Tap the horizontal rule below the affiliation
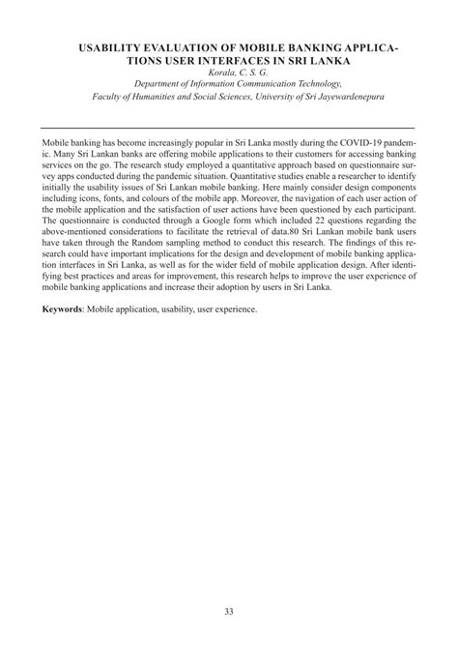[229, 128]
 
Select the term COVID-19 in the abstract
[347, 141]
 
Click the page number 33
[229, 609]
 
